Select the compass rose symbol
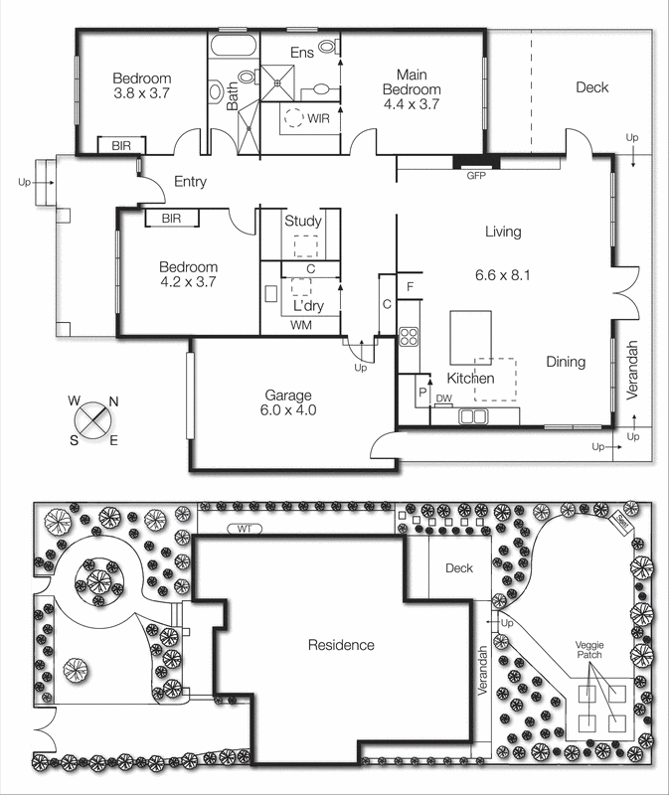point(94,416)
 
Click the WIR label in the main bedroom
point(319,118)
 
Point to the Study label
point(301,220)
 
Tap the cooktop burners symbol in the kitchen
point(410,336)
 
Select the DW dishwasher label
point(443,398)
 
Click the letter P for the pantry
point(421,394)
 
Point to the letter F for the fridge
point(410,286)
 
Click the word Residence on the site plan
point(341,645)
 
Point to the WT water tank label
point(244,529)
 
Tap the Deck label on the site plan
point(459,568)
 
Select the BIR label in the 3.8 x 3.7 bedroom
point(121,146)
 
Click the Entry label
point(190,181)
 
